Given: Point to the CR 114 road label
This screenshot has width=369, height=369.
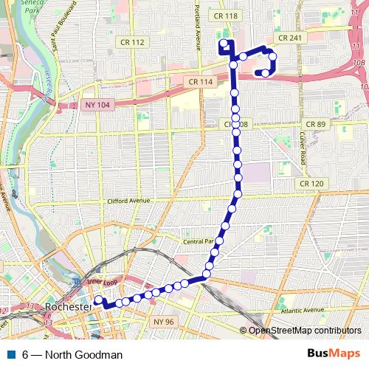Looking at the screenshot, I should click(200, 81).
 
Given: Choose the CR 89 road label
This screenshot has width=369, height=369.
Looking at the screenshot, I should click(314, 124).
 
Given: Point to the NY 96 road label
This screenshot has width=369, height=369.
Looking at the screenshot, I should click(164, 322).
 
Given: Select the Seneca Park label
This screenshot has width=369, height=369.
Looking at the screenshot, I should click(13, 7).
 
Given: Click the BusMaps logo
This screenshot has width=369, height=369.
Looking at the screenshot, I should click(333, 354).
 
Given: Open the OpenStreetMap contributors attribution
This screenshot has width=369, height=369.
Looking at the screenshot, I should click(305, 331).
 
